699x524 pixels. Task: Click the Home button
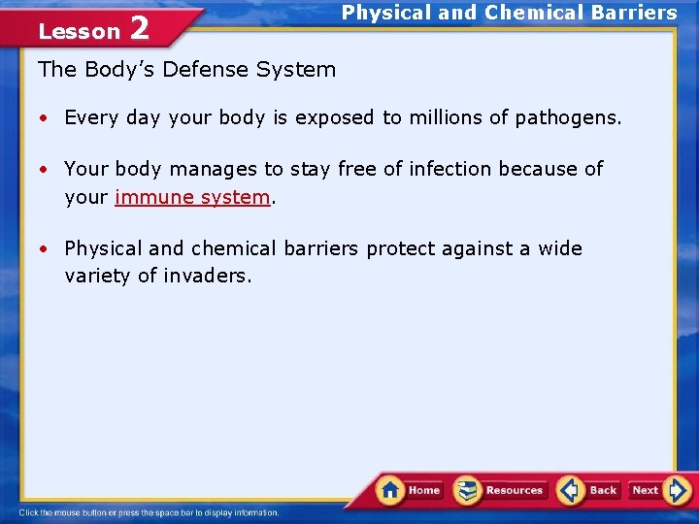(409, 490)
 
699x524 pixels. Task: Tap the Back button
(588, 490)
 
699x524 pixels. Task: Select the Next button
(658, 490)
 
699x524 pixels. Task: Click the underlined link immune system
(191, 197)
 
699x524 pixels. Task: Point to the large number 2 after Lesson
(139, 29)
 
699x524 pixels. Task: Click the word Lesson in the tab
(78, 32)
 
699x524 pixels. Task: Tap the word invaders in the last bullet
(207, 276)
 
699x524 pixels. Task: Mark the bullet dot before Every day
(45, 118)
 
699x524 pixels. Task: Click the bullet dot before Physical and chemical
(45, 249)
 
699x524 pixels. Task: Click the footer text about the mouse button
(148, 512)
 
